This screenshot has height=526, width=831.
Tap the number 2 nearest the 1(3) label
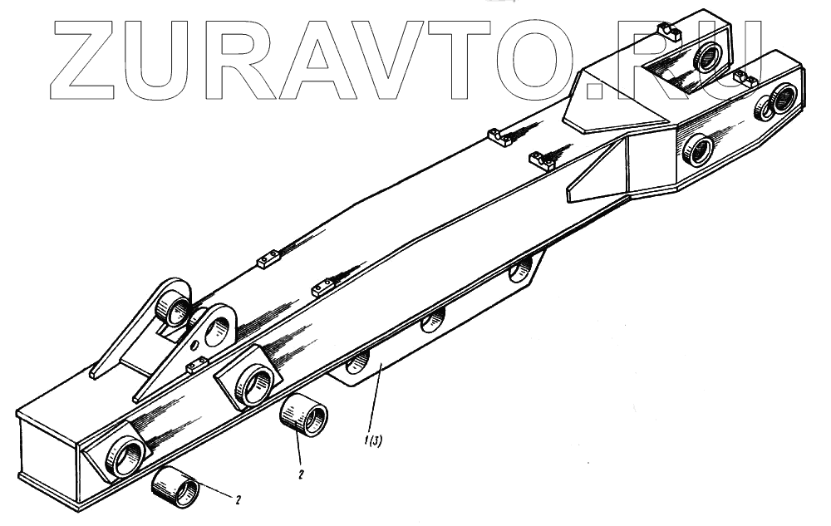point(301,474)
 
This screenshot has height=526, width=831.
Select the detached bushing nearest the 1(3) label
point(303,415)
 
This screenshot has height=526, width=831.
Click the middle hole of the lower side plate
point(432,321)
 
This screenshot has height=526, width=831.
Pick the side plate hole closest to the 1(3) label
point(358,362)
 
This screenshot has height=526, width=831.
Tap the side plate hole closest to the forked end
point(522,269)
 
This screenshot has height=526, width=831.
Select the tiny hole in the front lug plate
point(196,344)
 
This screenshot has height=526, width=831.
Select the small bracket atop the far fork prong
point(670,32)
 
